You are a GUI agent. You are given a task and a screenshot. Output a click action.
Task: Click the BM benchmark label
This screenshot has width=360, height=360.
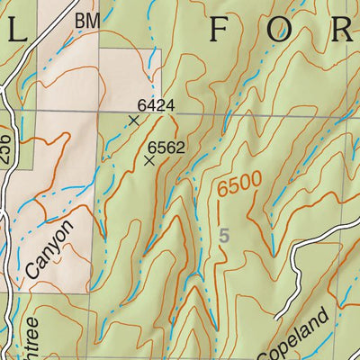pyautogui.click(x=86, y=19)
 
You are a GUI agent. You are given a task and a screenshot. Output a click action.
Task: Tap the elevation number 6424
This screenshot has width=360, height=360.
pyautogui.click(x=156, y=105)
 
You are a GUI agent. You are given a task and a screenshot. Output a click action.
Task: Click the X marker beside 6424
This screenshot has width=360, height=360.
pyautogui.click(x=134, y=119)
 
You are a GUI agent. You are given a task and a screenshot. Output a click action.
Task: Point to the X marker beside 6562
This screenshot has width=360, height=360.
pyautogui.click(x=148, y=160)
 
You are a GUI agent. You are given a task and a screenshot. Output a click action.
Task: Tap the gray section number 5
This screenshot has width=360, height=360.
pyautogui.click(x=224, y=236)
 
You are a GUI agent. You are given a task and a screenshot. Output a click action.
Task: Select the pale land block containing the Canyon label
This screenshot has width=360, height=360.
pyautogui.click(x=54, y=216)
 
